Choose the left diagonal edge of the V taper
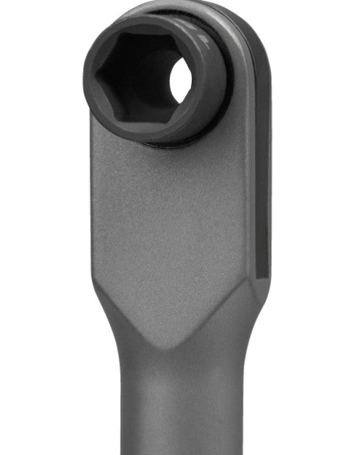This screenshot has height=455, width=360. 131,317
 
